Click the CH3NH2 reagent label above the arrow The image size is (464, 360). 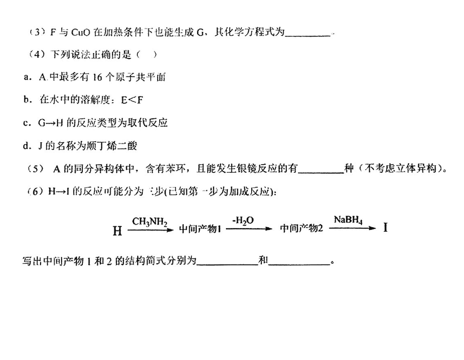[x=150, y=221]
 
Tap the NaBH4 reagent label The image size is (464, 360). [x=348, y=220]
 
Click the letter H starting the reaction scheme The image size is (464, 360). [x=117, y=231]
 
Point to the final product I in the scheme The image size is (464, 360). [x=386, y=228]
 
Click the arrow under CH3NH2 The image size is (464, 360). [x=150, y=229]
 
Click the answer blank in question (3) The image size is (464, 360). [x=308, y=34]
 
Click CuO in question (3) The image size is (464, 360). [x=81, y=32]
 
